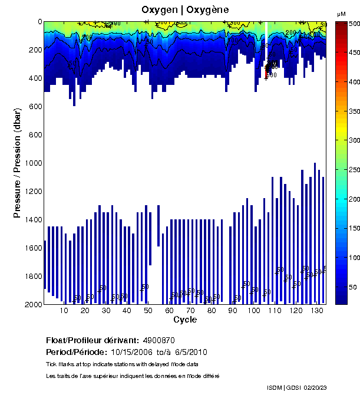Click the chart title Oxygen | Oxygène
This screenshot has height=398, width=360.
[x=186, y=10]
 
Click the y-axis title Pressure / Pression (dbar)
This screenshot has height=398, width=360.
[x=17, y=163]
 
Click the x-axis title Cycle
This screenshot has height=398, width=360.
[x=185, y=320]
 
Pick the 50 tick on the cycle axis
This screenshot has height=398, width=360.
[x=148, y=311]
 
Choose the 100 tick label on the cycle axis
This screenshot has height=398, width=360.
[x=253, y=311]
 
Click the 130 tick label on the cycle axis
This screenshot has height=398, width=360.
[x=316, y=311]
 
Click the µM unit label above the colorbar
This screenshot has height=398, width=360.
[x=341, y=13]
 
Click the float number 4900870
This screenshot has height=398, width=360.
[x=158, y=340]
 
